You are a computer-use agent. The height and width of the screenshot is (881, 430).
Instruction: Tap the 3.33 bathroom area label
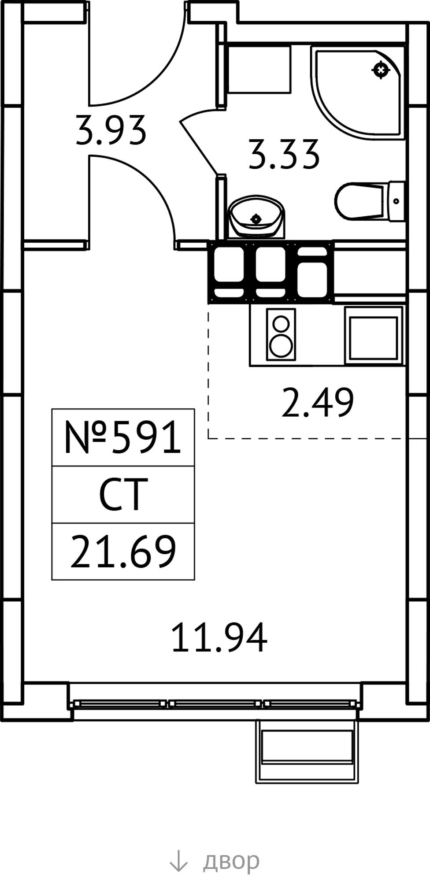point(284,154)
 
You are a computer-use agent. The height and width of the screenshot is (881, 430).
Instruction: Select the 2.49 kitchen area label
point(317,402)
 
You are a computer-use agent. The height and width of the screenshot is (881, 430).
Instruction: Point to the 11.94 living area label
point(219,637)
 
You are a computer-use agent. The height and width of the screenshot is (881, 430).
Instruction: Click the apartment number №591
point(123,437)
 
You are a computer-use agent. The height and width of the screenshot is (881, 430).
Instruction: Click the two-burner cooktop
point(281,334)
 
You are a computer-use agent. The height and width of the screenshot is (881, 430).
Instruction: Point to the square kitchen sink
point(374,335)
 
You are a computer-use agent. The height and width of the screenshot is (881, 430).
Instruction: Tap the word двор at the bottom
point(231,859)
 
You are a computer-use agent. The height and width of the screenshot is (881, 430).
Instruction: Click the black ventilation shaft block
point(271,272)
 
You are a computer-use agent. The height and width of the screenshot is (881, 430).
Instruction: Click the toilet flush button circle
point(396,201)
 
